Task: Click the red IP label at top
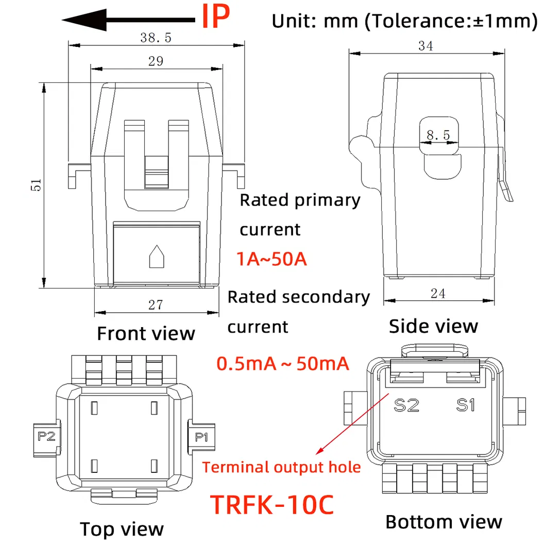[215, 17]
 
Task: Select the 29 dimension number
[156, 61]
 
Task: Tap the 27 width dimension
[156, 305]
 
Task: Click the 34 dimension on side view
[425, 46]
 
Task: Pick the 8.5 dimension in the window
[438, 136]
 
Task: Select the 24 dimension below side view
[438, 294]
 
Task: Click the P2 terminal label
[47, 437]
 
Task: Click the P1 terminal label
[201, 437]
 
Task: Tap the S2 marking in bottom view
[406, 405]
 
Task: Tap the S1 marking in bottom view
[465, 405]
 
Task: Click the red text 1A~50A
[272, 259]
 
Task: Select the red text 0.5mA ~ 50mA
[283, 364]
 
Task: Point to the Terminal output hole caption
[281, 468]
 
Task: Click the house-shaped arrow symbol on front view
[156, 257]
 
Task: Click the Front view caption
[146, 333]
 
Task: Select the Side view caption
[433, 326]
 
